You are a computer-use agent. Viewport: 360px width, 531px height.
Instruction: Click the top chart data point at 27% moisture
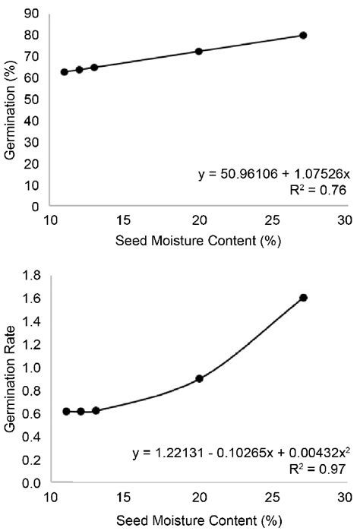303,36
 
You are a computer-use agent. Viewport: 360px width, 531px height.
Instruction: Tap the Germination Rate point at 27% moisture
304,298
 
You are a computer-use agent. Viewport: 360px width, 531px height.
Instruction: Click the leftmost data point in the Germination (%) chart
65,72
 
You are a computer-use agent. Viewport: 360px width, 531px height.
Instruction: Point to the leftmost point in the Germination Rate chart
66,411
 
